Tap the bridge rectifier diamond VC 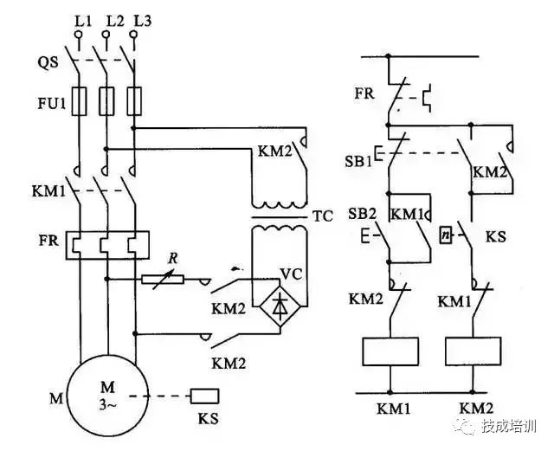click(x=279, y=305)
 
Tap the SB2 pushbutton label click(x=361, y=214)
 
